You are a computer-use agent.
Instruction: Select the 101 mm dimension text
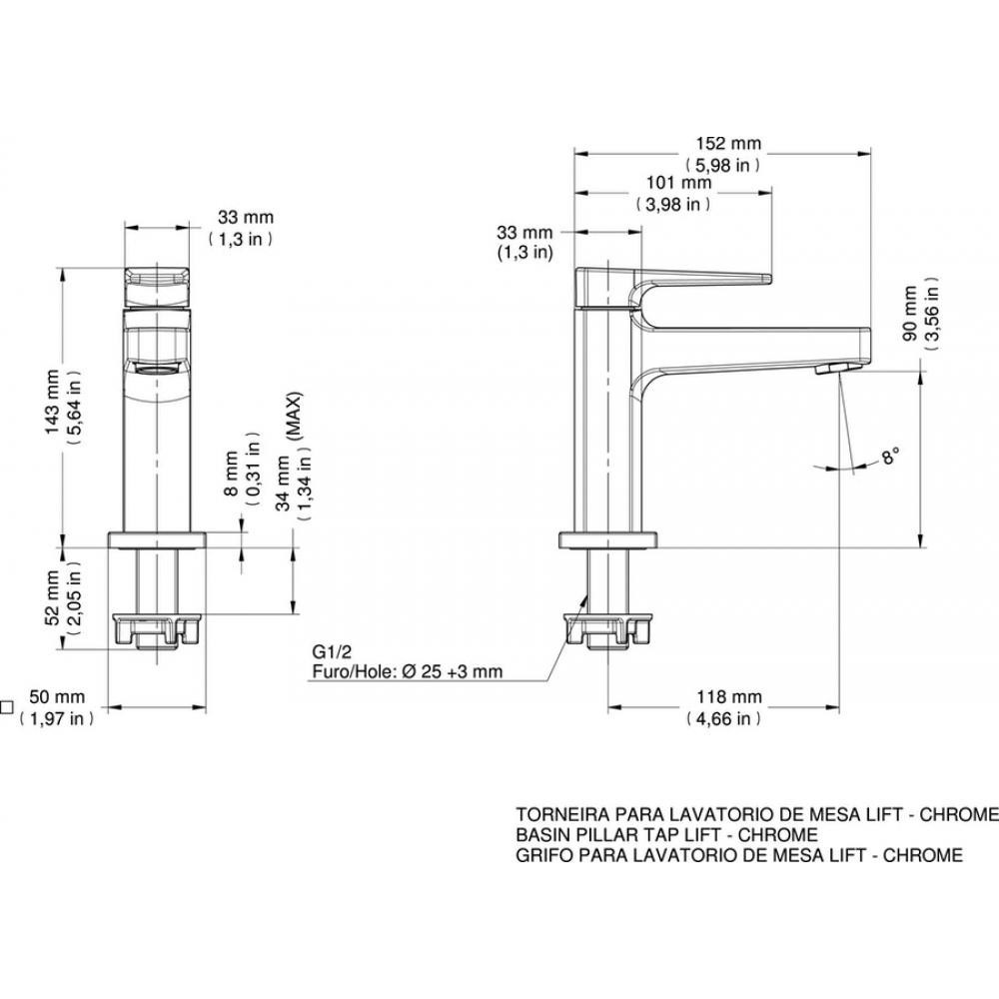click(x=678, y=183)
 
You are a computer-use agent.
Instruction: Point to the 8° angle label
click(x=890, y=456)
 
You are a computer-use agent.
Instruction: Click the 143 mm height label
click(x=52, y=402)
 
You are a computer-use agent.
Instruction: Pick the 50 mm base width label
click(x=57, y=697)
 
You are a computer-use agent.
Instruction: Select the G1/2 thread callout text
click(x=332, y=651)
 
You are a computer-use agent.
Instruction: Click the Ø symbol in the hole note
click(x=410, y=671)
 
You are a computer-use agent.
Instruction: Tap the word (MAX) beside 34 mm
click(x=294, y=417)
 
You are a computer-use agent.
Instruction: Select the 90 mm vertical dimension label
click(x=910, y=314)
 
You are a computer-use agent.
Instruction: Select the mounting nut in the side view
click(x=608, y=630)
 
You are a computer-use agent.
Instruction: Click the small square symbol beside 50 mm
click(x=6, y=707)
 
